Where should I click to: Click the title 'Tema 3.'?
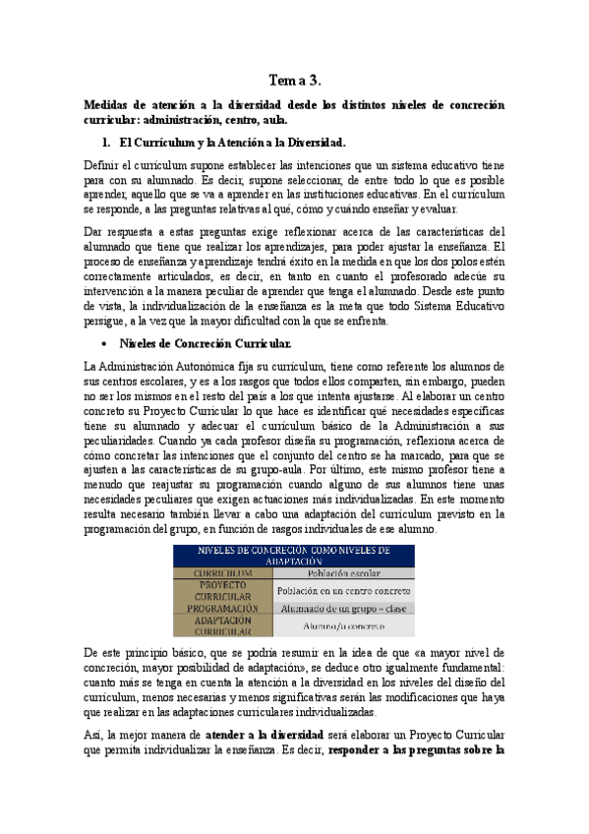(294, 81)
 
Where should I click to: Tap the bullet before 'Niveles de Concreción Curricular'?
(99, 344)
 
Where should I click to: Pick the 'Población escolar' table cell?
(345, 572)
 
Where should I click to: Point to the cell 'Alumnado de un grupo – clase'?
(345, 608)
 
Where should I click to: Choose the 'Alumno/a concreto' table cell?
(345, 626)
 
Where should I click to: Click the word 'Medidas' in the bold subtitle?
(108, 105)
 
